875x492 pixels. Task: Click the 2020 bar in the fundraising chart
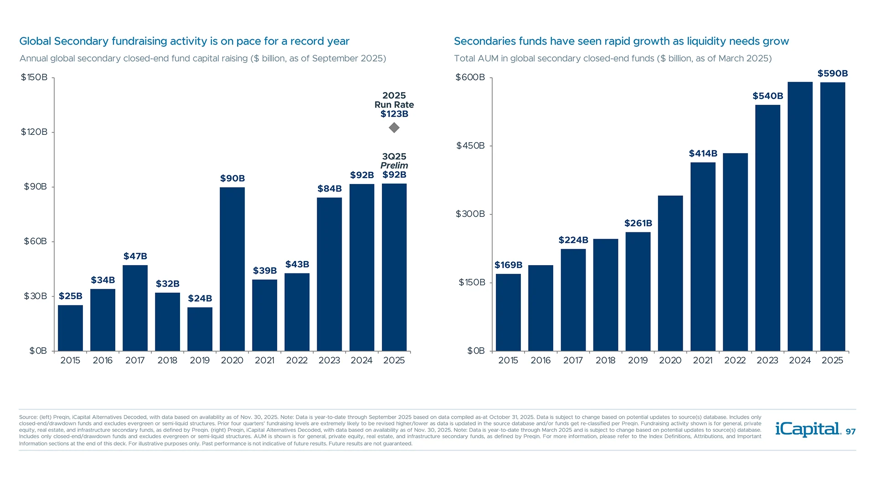pyautogui.click(x=232, y=269)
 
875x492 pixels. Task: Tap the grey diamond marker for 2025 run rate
pyautogui.click(x=394, y=128)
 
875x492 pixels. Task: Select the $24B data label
pyautogui.click(x=200, y=298)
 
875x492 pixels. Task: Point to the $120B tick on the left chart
pyautogui.click(x=34, y=132)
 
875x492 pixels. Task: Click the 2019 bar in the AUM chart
pyautogui.click(x=638, y=292)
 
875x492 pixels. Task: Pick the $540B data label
pyautogui.click(x=767, y=96)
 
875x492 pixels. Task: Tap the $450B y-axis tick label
pyautogui.click(x=470, y=146)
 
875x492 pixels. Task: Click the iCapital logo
pyautogui.click(x=808, y=429)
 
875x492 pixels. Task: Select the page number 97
pyautogui.click(x=850, y=432)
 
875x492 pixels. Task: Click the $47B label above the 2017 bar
pyautogui.click(x=135, y=256)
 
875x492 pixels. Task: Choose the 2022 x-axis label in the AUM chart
pyautogui.click(x=735, y=360)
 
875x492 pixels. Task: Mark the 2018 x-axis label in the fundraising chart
pyautogui.click(x=167, y=360)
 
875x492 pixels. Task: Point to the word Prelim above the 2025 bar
pyautogui.click(x=394, y=165)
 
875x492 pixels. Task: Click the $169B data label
pyautogui.click(x=508, y=265)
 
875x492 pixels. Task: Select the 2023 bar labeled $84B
pyautogui.click(x=329, y=273)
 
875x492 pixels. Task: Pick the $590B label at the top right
pyautogui.click(x=832, y=74)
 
